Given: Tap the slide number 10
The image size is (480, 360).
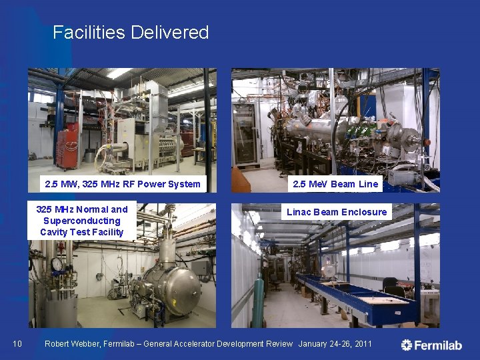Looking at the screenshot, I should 17,344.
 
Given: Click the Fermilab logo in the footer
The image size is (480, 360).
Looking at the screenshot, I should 431,345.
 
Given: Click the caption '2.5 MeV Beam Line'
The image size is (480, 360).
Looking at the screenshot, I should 335,184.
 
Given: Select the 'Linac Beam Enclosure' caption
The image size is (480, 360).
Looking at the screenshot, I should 337,212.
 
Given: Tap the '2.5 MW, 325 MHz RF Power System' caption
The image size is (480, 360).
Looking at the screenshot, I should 122,184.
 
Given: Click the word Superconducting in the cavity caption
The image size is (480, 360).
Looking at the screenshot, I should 81,221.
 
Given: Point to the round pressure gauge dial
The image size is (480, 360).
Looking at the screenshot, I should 57,265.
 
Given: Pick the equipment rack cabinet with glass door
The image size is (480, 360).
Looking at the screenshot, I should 245,133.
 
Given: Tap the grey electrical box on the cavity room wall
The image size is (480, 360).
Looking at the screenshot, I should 199,267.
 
